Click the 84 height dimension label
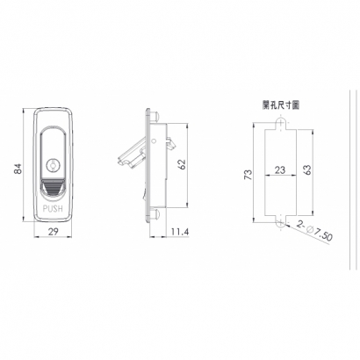click(18, 169)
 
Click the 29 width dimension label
click(53, 232)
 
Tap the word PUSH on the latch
click(53, 209)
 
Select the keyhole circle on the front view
click(53, 165)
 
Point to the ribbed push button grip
click(53, 188)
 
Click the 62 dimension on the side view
click(182, 165)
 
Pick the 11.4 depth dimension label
click(180, 232)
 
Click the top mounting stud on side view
click(155, 117)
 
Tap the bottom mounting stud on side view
click(155, 214)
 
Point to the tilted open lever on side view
click(133, 155)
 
